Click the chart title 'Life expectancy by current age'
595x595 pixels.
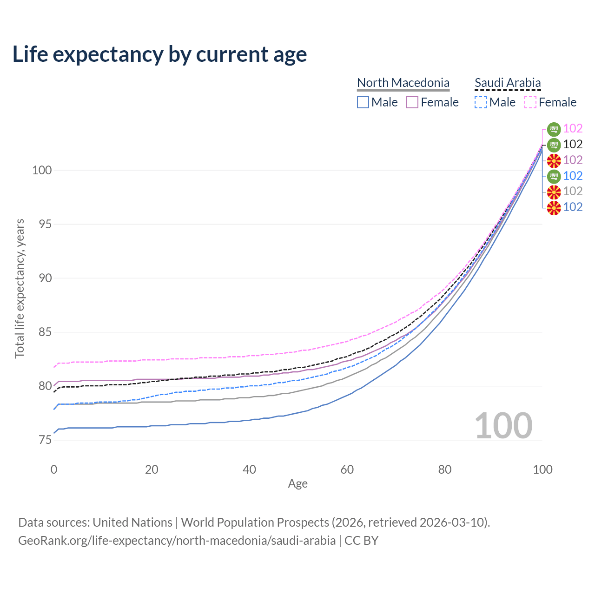pyautogui.click(x=159, y=54)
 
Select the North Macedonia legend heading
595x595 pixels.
pyautogui.click(x=403, y=83)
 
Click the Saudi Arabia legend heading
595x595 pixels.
pyautogui.click(x=508, y=83)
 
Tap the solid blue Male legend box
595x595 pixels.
pyautogui.click(x=363, y=102)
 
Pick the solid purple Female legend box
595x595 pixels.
pyautogui.click(x=412, y=102)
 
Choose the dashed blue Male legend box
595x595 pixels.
pyautogui.click(x=481, y=102)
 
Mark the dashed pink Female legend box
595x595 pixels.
pyautogui.click(x=530, y=102)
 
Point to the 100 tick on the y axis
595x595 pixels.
pyautogui.click(x=41, y=170)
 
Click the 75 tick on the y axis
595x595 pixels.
pyautogui.click(x=45, y=440)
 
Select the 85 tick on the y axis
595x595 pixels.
pyautogui.click(x=45, y=332)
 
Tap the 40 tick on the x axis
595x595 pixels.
pyautogui.click(x=249, y=469)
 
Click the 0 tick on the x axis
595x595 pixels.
pyautogui.click(x=54, y=469)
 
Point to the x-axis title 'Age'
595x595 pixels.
pyautogui.click(x=297, y=483)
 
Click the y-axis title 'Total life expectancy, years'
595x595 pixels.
pyautogui.click(x=20, y=289)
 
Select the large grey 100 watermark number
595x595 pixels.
pyautogui.click(x=503, y=425)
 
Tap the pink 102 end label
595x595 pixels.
pyautogui.click(x=573, y=128)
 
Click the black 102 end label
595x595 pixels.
pyautogui.click(x=573, y=144)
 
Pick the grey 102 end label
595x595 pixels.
pyautogui.click(x=573, y=191)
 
